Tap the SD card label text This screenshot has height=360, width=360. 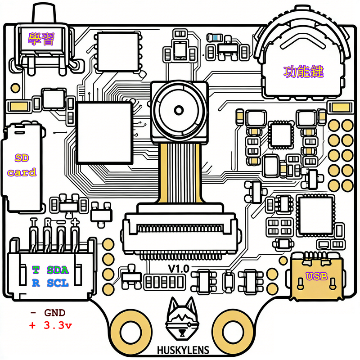tap(22, 165)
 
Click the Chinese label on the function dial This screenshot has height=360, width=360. tap(304, 72)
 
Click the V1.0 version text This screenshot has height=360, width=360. tap(179, 269)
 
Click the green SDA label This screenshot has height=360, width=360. tap(58, 270)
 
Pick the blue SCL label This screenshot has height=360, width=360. tap(58, 283)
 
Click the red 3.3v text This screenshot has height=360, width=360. tap(56, 325)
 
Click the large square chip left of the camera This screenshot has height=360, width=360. tap(105, 132)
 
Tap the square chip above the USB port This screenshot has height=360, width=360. tap(315, 215)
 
